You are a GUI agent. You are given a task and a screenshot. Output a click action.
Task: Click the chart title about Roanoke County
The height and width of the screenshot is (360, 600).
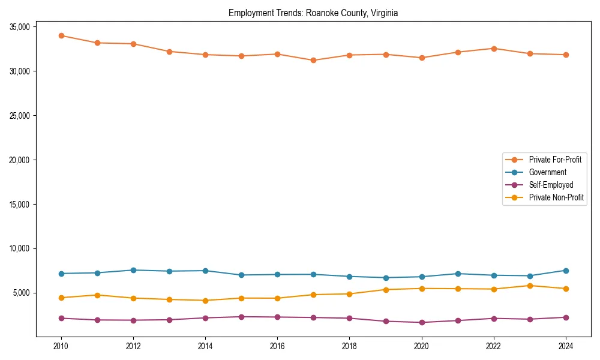(313, 13)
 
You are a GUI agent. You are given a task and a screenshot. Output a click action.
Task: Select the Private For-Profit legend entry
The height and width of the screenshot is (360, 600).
(555, 160)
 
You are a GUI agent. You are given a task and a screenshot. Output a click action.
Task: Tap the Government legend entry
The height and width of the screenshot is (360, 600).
(547, 172)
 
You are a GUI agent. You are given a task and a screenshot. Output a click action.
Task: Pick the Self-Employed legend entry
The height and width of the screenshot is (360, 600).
(551, 185)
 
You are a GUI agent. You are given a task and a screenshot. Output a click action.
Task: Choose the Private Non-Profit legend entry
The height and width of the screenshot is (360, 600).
(556, 197)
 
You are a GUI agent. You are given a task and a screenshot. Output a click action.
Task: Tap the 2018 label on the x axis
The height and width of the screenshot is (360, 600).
(349, 346)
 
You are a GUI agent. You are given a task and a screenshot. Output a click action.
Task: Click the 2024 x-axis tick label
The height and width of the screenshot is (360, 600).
(565, 346)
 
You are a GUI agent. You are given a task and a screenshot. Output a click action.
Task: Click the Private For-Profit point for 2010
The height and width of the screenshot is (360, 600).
(61, 35)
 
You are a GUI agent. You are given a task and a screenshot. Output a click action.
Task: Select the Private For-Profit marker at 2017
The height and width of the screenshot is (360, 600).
(313, 60)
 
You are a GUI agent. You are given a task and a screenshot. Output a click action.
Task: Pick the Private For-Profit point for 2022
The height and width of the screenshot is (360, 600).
(493, 49)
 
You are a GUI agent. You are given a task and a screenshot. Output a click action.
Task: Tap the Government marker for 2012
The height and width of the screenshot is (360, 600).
(133, 270)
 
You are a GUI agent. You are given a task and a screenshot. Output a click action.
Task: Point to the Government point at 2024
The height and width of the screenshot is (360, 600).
(565, 271)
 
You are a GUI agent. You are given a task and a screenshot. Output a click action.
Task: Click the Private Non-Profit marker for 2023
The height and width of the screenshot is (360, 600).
(529, 286)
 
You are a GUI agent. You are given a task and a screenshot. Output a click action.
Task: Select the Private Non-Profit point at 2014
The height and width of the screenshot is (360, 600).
(205, 301)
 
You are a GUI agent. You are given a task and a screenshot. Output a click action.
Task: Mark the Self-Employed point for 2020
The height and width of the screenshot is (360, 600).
(421, 322)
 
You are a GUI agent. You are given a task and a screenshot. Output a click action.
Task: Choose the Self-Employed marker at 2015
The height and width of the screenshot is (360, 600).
(241, 317)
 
